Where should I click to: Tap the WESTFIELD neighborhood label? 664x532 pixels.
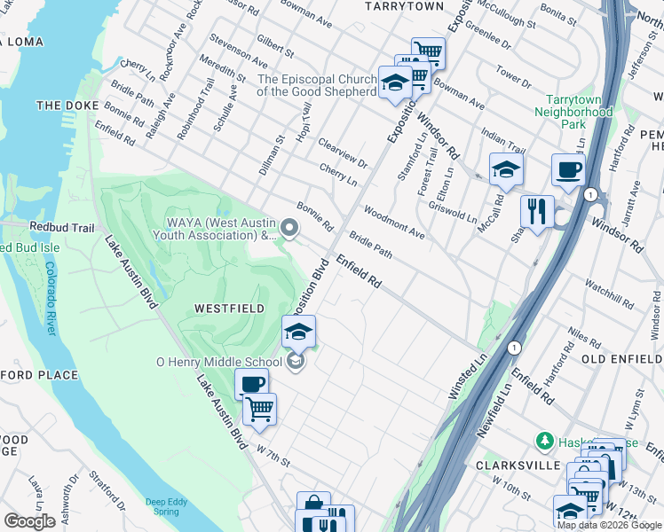click(x=229, y=308)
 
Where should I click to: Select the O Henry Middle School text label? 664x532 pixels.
click(x=219, y=362)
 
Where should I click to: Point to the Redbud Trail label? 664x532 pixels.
click(x=61, y=228)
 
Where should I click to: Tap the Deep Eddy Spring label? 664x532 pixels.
click(x=168, y=505)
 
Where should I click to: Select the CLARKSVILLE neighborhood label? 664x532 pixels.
click(x=517, y=465)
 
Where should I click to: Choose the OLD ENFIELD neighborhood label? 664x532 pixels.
click(x=621, y=359)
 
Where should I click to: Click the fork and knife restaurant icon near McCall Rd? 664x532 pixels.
click(x=537, y=211)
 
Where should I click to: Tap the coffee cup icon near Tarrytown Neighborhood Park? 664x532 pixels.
click(x=568, y=168)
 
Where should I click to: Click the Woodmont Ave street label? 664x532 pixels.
click(x=394, y=222)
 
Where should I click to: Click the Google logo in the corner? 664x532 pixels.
click(x=29, y=521)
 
